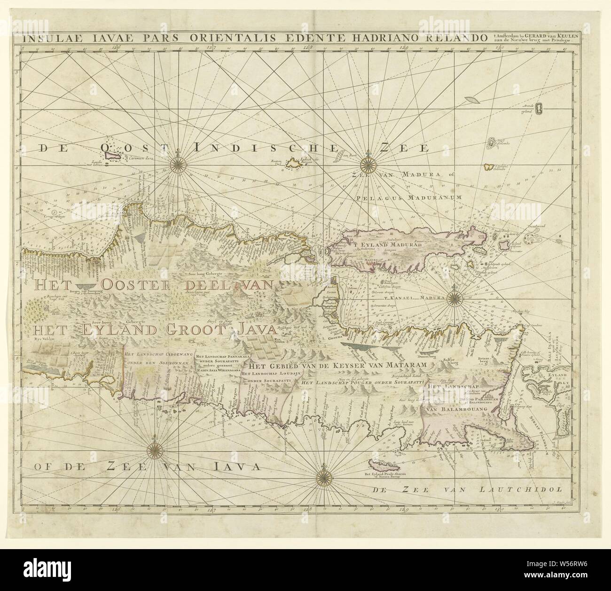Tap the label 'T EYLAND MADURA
point(390,244)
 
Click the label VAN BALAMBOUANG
point(455,409)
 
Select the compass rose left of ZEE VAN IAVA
point(154,450)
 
